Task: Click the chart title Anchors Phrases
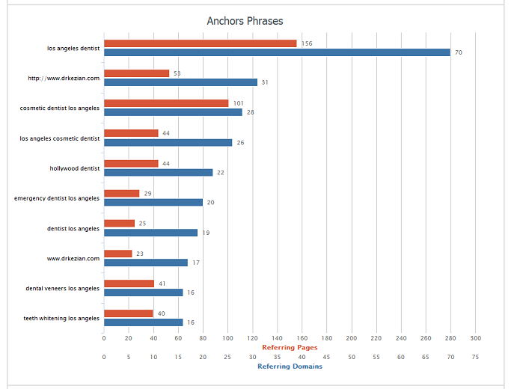coord(245,20)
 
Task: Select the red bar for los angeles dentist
coord(200,43)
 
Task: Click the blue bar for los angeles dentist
coord(277,52)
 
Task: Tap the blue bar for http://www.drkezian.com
coord(180,82)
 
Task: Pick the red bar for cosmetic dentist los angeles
coord(166,103)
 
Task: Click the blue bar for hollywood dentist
coord(158,172)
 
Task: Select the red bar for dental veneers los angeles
coord(129,284)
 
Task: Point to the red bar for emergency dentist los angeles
coord(121,193)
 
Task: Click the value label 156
coord(307,43)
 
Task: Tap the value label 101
coord(239,103)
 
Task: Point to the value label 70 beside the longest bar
coord(459,52)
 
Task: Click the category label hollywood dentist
coord(75,168)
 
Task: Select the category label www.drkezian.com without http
coord(73,258)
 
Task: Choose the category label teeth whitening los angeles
coord(61,318)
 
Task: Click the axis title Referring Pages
coord(290,347)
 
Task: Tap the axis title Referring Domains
coord(290,367)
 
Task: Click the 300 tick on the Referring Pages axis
coord(475,338)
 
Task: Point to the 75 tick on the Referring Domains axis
coord(475,357)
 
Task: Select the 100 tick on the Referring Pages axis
coord(227,338)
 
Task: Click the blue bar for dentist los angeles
coord(150,233)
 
